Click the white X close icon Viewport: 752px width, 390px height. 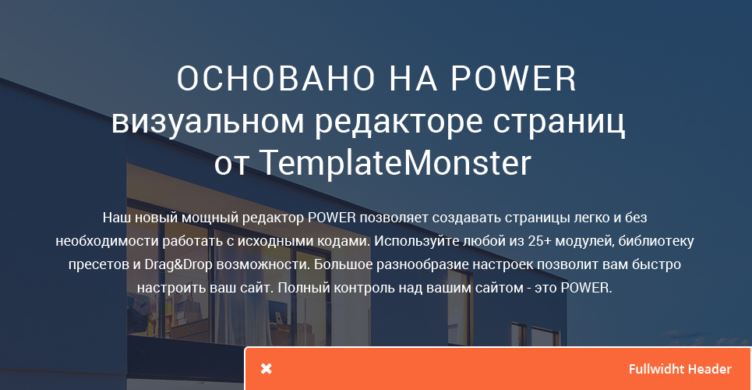(x=267, y=369)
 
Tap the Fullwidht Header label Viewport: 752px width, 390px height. (x=680, y=369)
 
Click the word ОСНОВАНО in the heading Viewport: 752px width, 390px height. (x=276, y=78)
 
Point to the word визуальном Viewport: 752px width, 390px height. (x=207, y=122)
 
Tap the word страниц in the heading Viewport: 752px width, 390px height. (x=560, y=123)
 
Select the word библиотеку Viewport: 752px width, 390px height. (x=656, y=241)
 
